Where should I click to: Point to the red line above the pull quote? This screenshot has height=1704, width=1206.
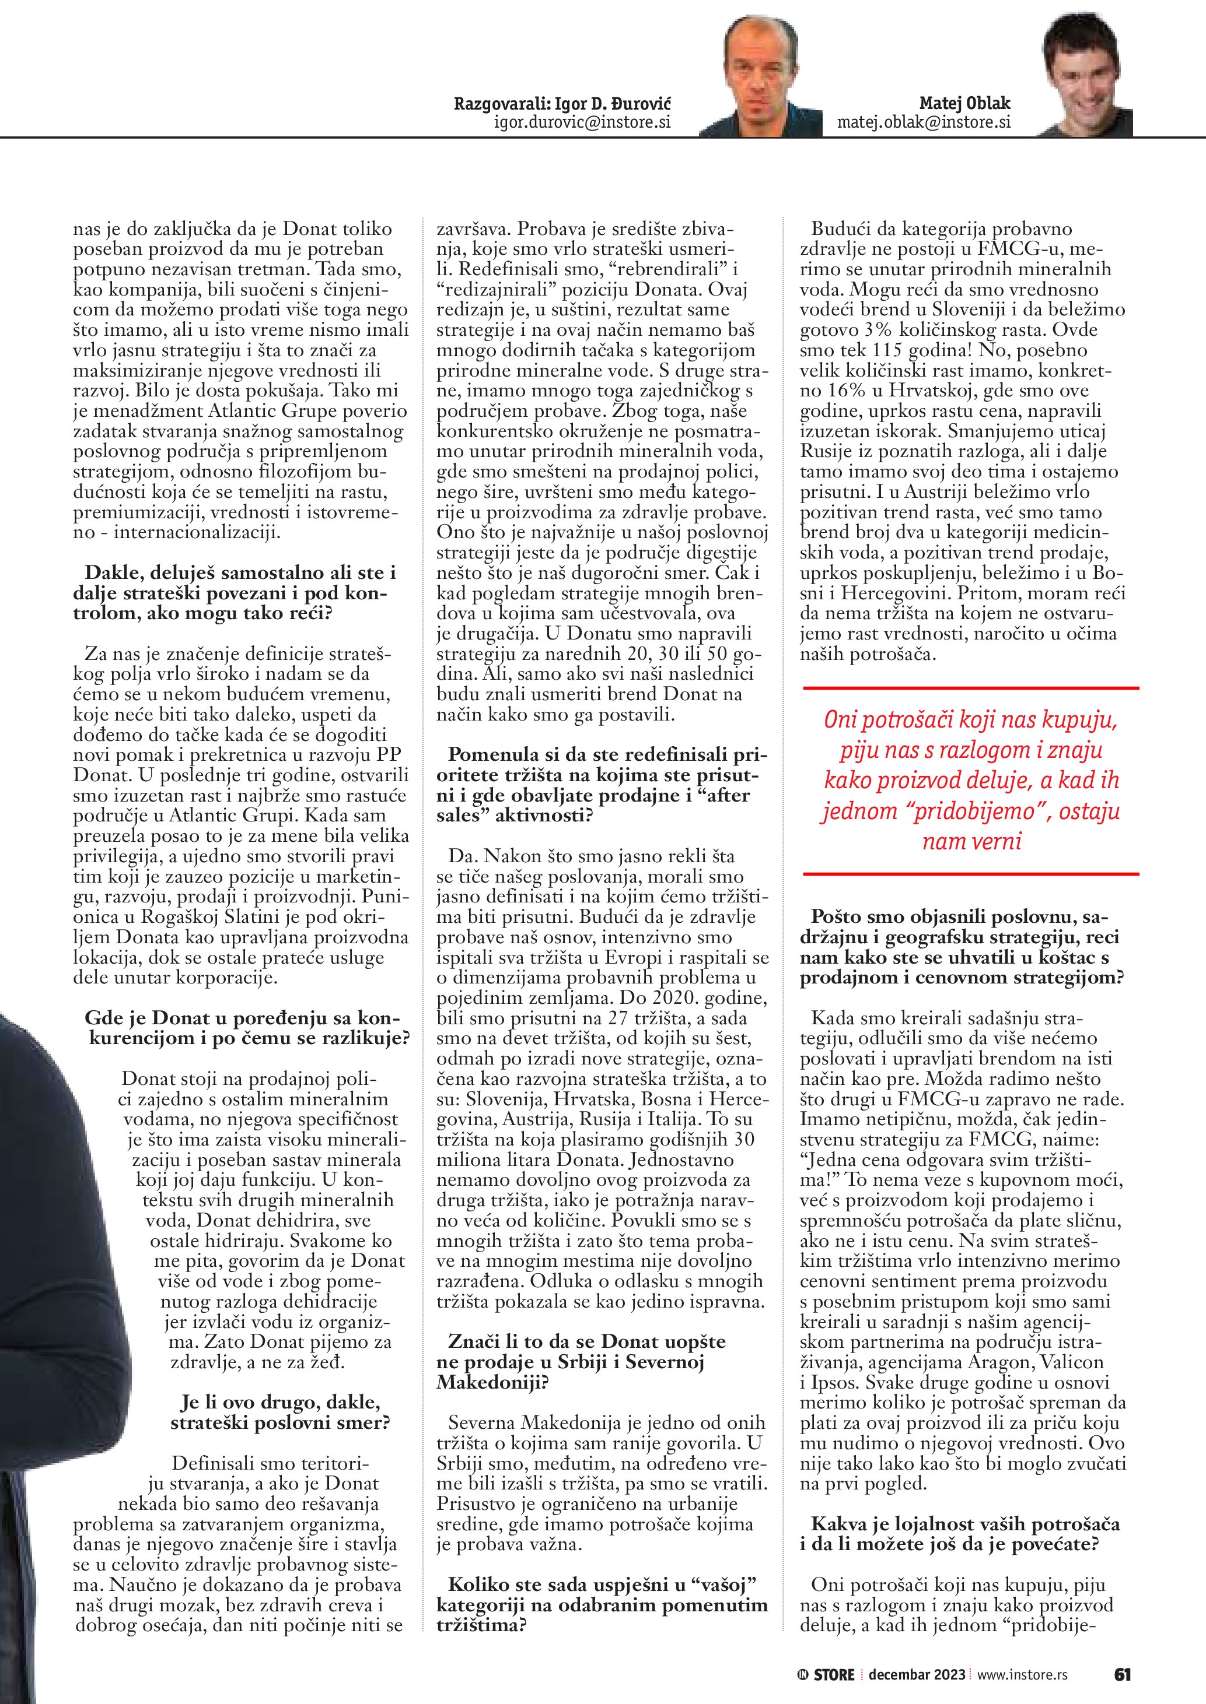point(972,688)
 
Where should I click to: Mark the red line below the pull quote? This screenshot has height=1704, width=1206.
point(972,874)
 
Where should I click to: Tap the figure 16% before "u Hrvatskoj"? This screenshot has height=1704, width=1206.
point(843,391)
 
